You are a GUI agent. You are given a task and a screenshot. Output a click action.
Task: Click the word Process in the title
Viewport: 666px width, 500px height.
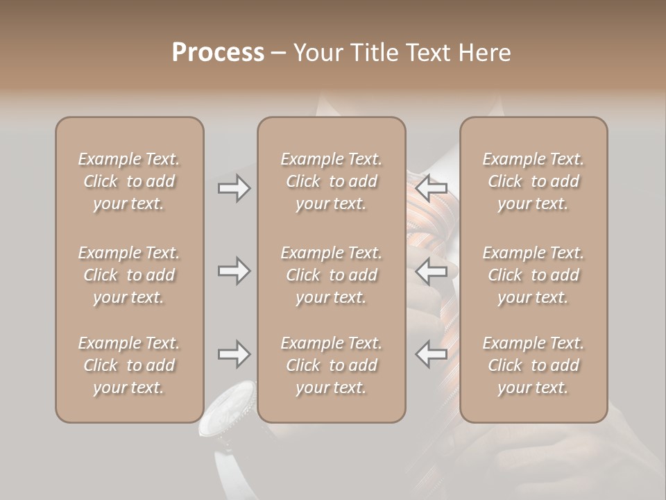[218, 53]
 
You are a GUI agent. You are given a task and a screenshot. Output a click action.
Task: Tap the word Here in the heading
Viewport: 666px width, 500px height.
[486, 53]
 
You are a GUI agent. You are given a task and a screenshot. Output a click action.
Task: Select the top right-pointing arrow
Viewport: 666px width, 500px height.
[234, 188]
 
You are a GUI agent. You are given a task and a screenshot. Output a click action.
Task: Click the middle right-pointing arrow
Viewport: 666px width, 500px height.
[234, 270]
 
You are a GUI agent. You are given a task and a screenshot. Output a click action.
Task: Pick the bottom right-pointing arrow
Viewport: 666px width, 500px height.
[234, 354]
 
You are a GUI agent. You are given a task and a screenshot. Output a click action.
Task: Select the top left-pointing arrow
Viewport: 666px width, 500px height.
[432, 188]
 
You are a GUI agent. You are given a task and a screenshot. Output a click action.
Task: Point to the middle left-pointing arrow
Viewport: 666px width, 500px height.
[432, 270]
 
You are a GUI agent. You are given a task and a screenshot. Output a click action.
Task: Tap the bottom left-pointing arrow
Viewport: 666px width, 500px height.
[432, 354]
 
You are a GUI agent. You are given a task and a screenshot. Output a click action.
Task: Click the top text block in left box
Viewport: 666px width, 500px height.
[129, 181]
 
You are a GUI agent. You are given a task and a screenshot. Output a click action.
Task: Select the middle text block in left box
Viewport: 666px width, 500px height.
[129, 275]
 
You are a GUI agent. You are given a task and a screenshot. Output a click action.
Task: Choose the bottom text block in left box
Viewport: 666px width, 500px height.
[129, 365]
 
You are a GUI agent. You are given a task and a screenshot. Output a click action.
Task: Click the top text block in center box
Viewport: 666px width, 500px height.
[331, 181]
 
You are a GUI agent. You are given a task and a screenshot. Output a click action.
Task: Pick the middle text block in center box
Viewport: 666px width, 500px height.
[331, 275]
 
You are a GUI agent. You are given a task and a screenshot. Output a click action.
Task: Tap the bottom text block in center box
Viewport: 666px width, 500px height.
[331, 365]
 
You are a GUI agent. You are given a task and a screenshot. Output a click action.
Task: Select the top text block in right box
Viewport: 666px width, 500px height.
[533, 181]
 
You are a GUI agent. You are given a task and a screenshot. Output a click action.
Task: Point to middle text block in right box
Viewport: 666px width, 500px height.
[533, 275]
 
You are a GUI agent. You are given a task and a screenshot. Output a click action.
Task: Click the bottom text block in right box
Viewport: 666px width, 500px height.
[533, 365]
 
